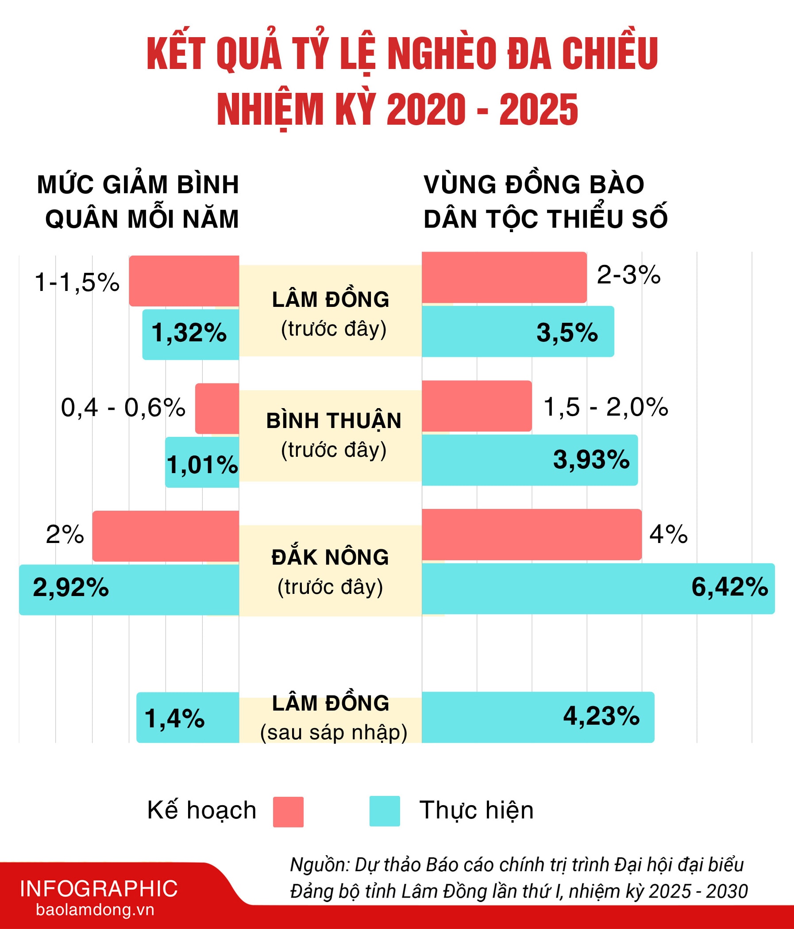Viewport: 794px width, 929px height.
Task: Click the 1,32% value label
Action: pos(189,333)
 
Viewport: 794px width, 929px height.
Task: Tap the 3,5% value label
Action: pos(567,333)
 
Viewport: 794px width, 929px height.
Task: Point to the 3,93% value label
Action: pos(591,460)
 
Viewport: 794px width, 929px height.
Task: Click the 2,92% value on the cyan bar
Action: pos(71,587)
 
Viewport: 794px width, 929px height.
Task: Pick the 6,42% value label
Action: pos(729,587)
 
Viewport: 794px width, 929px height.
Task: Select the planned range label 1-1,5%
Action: pos(77,283)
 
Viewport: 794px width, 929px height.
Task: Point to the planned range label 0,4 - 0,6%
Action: pos(123,408)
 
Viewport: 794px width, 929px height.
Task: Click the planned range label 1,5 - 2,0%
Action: pos(605,407)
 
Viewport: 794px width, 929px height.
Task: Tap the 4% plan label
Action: pos(668,535)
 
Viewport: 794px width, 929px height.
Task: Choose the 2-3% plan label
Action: pos(628,275)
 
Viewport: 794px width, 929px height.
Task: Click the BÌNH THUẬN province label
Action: pos(334,421)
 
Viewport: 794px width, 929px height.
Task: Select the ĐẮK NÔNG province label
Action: pos(330,557)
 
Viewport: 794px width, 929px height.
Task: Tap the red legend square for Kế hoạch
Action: pos(288,812)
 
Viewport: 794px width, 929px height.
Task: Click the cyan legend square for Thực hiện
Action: pos(385,811)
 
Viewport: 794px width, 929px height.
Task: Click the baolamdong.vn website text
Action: pos(95,910)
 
